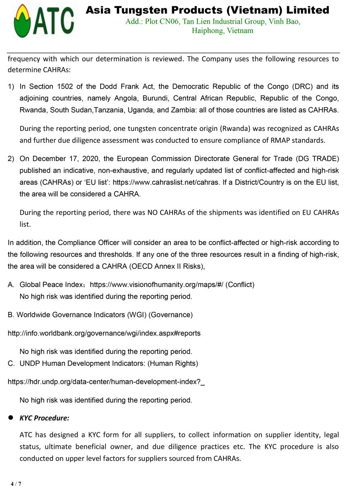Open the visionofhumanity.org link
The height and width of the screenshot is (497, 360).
coord(157,285)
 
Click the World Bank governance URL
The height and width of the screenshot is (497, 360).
coord(104,333)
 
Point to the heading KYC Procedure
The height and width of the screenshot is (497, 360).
coord(44,418)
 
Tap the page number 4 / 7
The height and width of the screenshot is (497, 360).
coord(16,484)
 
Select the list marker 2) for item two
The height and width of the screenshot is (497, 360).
coord(11,159)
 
